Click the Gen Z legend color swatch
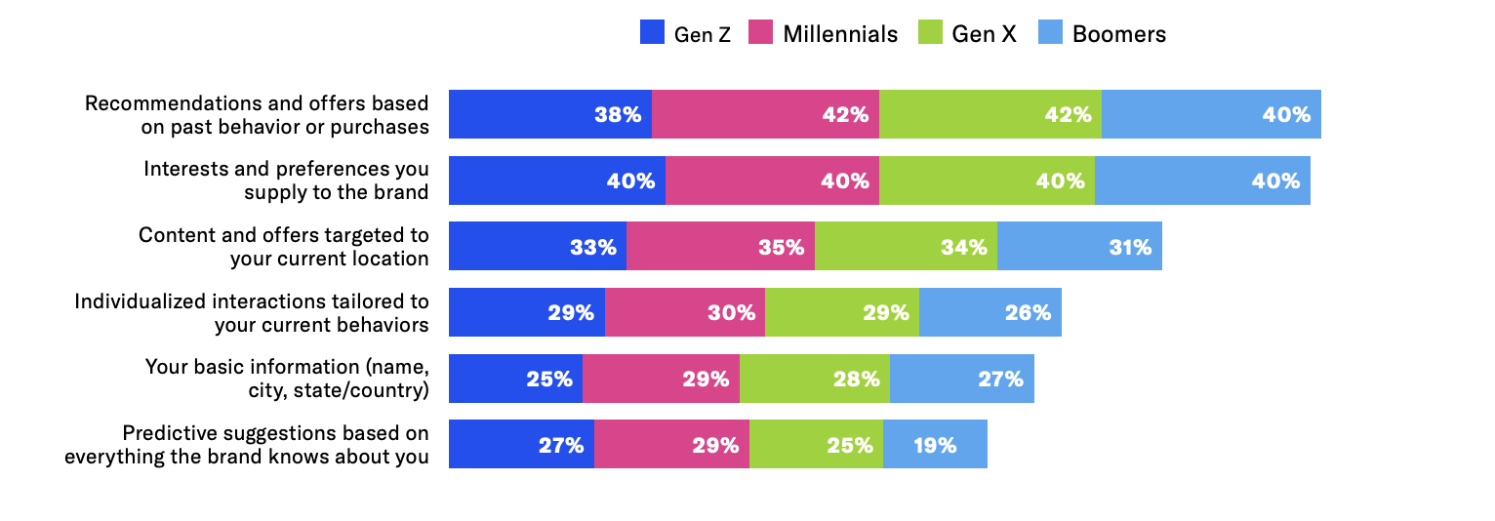pyautogui.click(x=652, y=33)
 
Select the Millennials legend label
pyautogui.click(x=839, y=34)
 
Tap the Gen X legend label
pyautogui.click(x=984, y=34)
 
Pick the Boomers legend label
pyautogui.click(x=1118, y=34)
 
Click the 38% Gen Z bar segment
pyautogui.click(x=550, y=114)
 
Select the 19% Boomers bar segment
pyautogui.click(x=935, y=444)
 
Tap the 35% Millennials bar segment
pyautogui.click(x=720, y=246)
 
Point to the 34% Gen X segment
pyautogui.click(x=906, y=246)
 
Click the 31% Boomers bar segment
pyautogui.click(x=1079, y=246)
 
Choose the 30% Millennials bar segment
pyautogui.click(x=684, y=312)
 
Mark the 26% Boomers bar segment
pyautogui.click(x=990, y=312)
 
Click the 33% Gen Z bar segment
pyautogui.click(x=538, y=246)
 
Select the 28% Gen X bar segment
pyautogui.click(x=814, y=379)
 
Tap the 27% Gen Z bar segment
pyautogui.click(x=521, y=444)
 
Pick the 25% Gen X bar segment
pyautogui.click(x=816, y=444)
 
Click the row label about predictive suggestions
pyautogui.click(x=247, y=444)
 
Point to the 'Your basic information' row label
pyautogui.click(x=287, y=379)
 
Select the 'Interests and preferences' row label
pyautogui.click(x=286, y=180)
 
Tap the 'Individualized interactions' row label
pyautogui.click(x=252, y=312)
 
